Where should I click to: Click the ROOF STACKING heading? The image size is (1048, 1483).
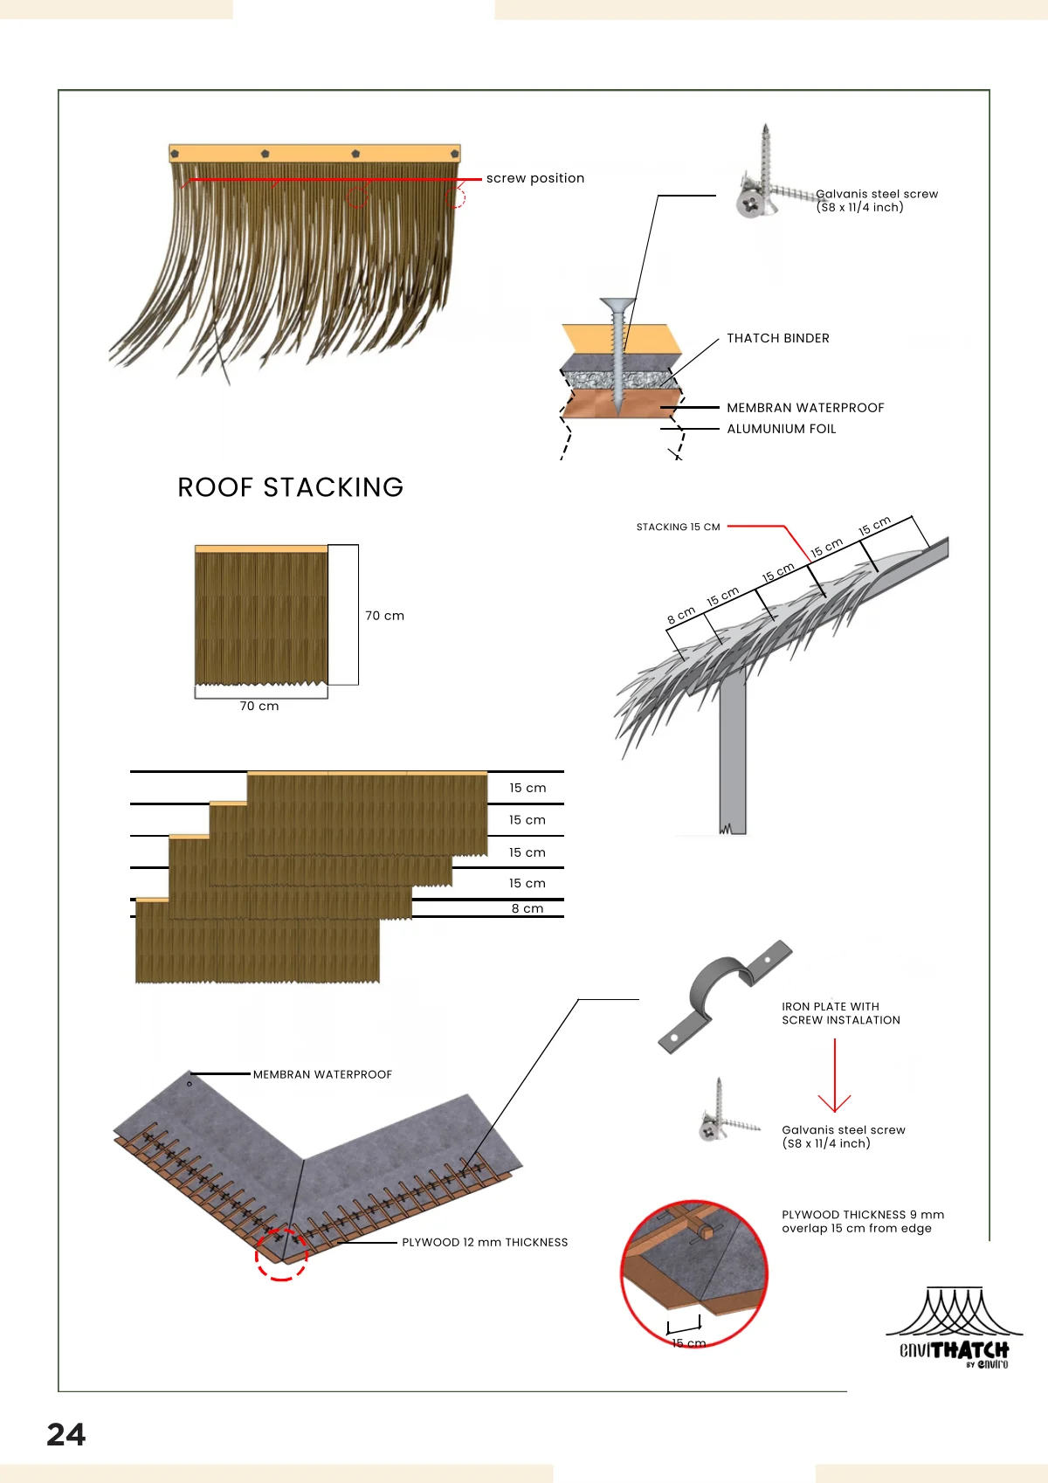(291, 487)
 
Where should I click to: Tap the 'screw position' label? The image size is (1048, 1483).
(535, 178)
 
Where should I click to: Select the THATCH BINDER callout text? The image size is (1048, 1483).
(778, 338)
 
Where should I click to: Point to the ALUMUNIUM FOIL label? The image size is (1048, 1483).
(782, 429)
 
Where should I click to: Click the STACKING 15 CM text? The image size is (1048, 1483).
(678, 527)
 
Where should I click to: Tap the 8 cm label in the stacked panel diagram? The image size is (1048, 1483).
(527, 908)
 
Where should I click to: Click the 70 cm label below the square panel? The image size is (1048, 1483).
(259, 706)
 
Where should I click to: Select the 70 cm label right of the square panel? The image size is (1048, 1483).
(384, 616)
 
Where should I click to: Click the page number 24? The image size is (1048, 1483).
(66, 1435)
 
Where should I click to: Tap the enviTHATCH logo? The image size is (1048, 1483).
(954, 1328)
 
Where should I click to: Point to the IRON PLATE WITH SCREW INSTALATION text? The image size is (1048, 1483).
(841, 1013)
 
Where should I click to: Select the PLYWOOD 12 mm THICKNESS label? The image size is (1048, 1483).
(485, 1242)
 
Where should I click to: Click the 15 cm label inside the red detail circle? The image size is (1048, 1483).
(688, 1342)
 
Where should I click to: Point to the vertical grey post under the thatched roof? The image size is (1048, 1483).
(732, 755)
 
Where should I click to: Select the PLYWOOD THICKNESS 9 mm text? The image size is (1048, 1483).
(863, 1215)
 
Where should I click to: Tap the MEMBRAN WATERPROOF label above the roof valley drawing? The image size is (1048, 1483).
(322, 1074)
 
